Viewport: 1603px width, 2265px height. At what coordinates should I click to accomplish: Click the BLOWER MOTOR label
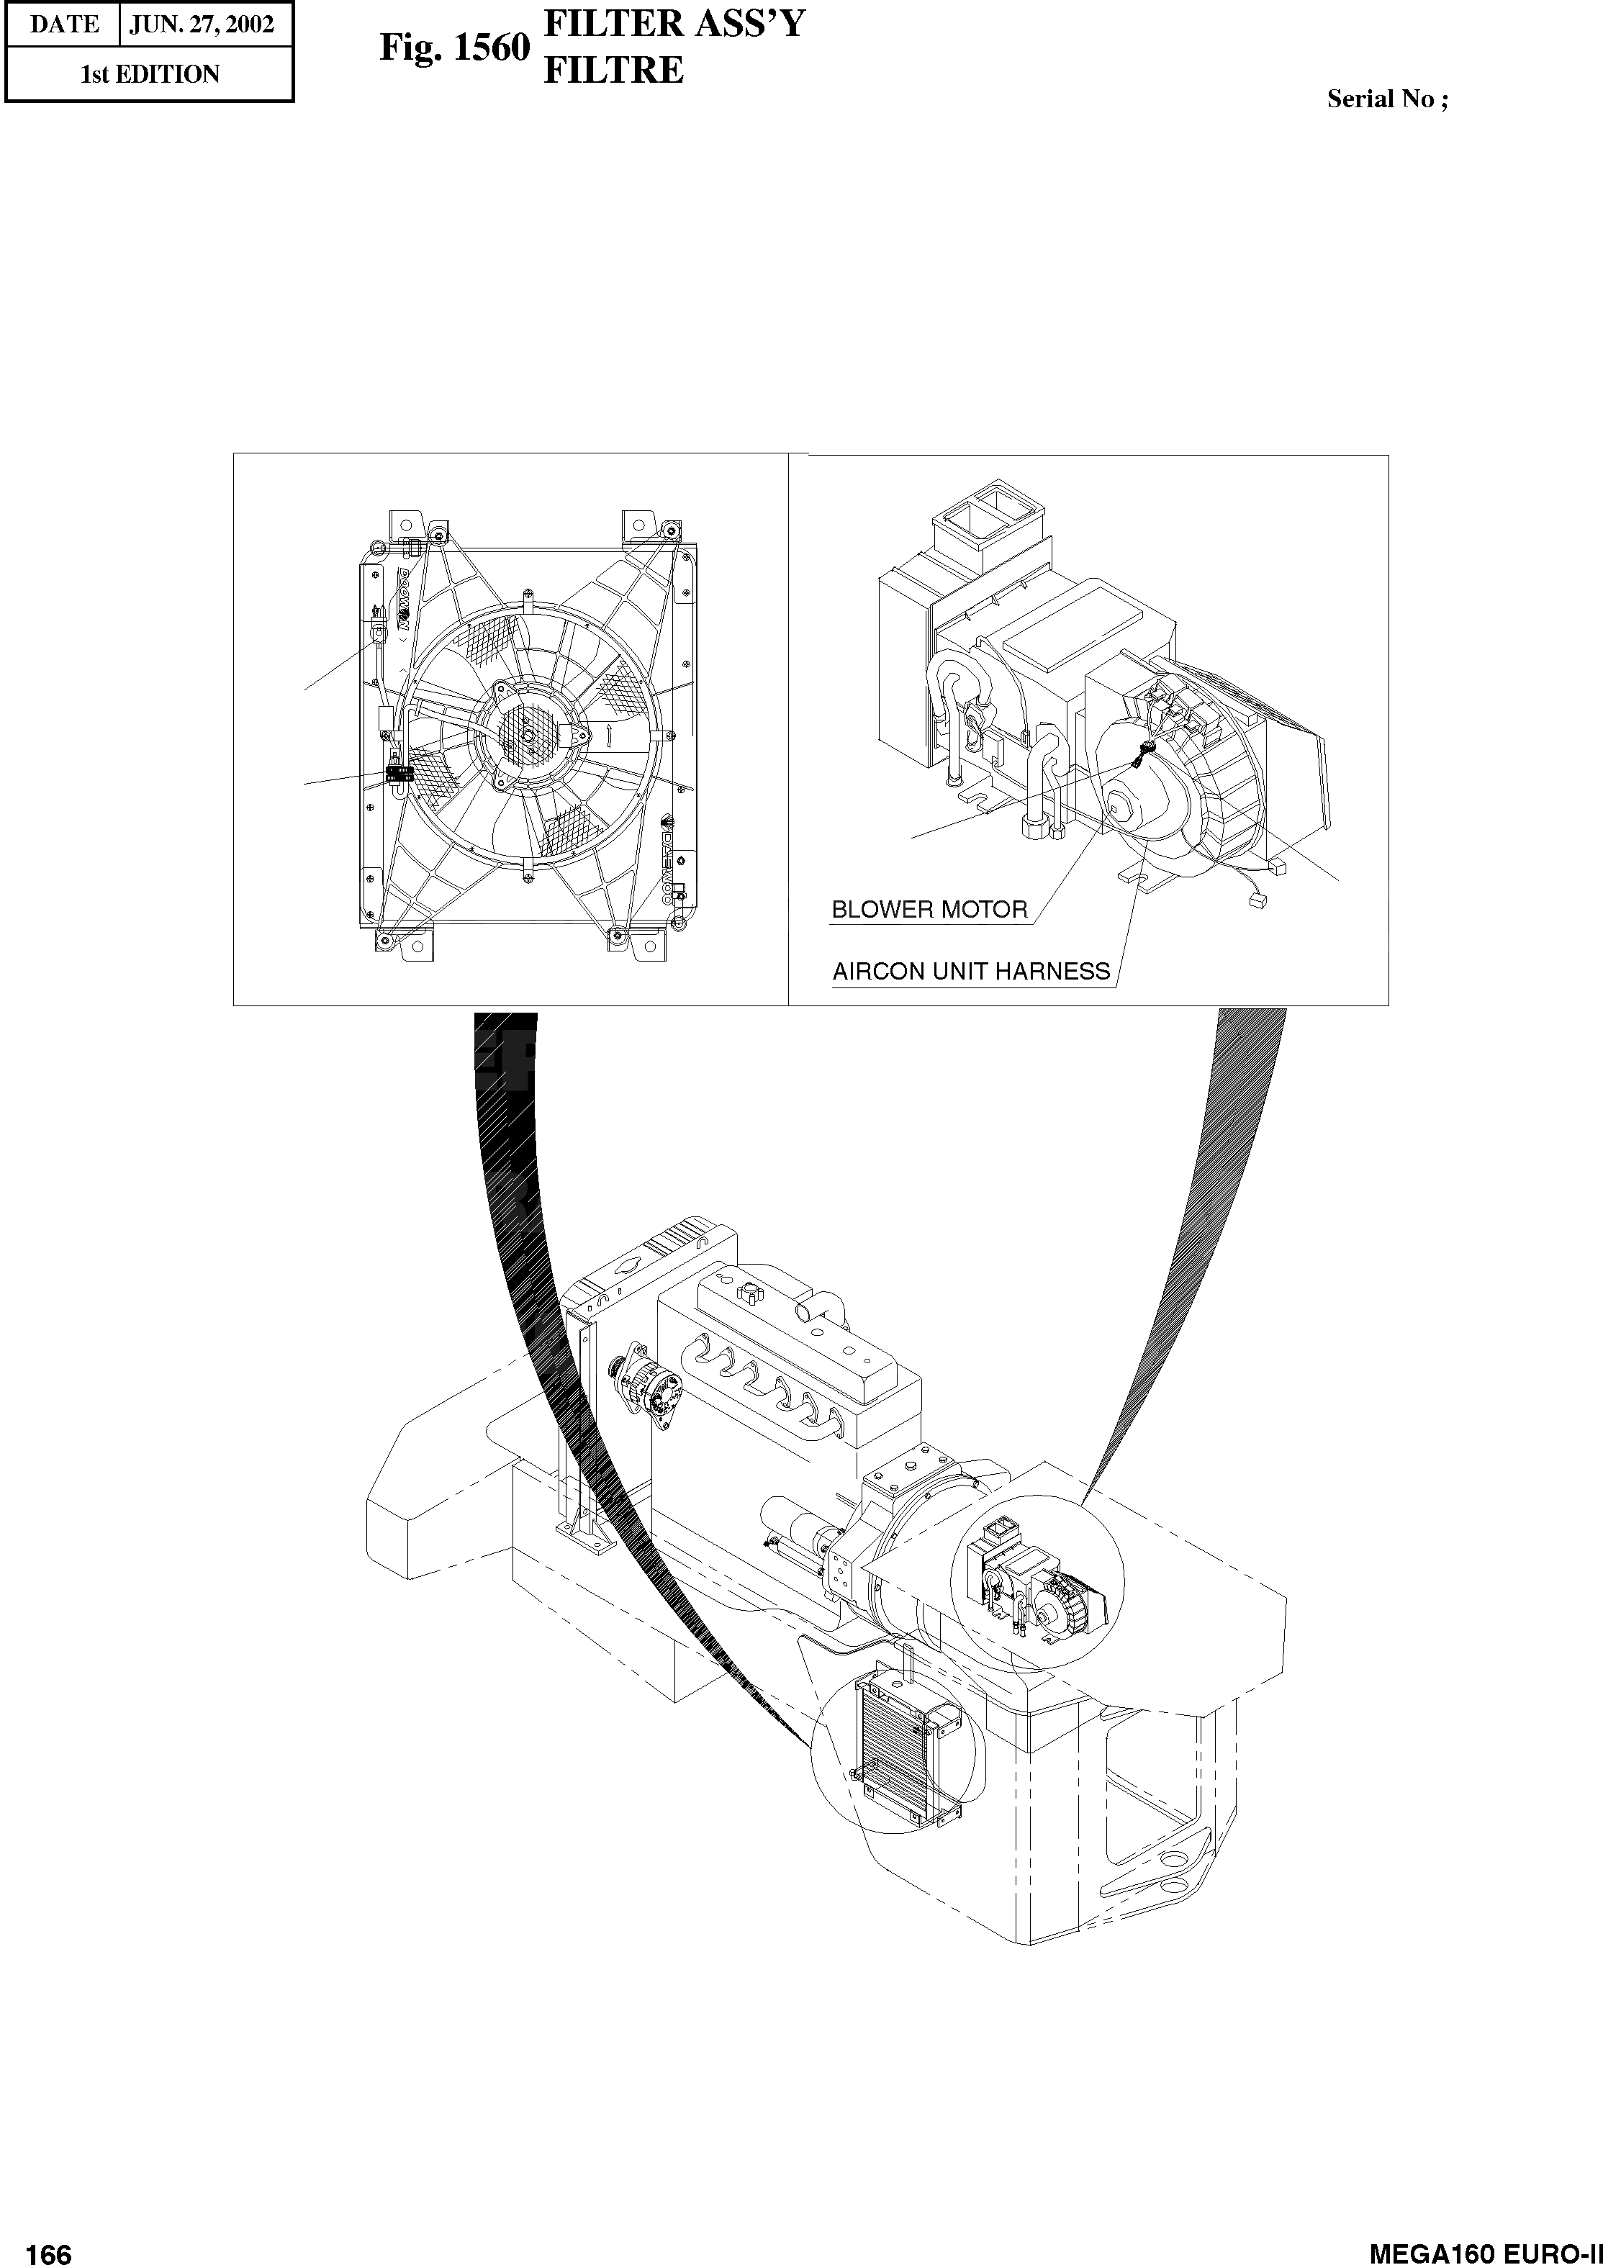(x=929, y=909)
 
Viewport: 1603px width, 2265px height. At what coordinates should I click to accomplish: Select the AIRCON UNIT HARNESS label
(x=971, y=971)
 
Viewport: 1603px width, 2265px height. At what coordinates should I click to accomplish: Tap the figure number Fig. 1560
(x=455, y=48)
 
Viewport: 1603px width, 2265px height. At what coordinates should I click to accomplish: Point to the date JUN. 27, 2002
(x=202, y=24)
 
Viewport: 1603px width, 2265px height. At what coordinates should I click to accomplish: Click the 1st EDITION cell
(x=150, y=74)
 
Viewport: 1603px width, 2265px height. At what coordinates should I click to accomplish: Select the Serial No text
(x=1387, y=99)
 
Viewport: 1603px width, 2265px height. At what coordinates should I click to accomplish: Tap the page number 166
(x=50, y=2246)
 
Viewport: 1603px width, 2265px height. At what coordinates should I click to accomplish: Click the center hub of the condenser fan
(x=528, y=736)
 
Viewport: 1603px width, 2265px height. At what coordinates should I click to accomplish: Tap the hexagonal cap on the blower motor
(x=1122, y=805)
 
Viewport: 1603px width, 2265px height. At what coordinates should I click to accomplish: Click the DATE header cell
(x=63, y=24)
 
